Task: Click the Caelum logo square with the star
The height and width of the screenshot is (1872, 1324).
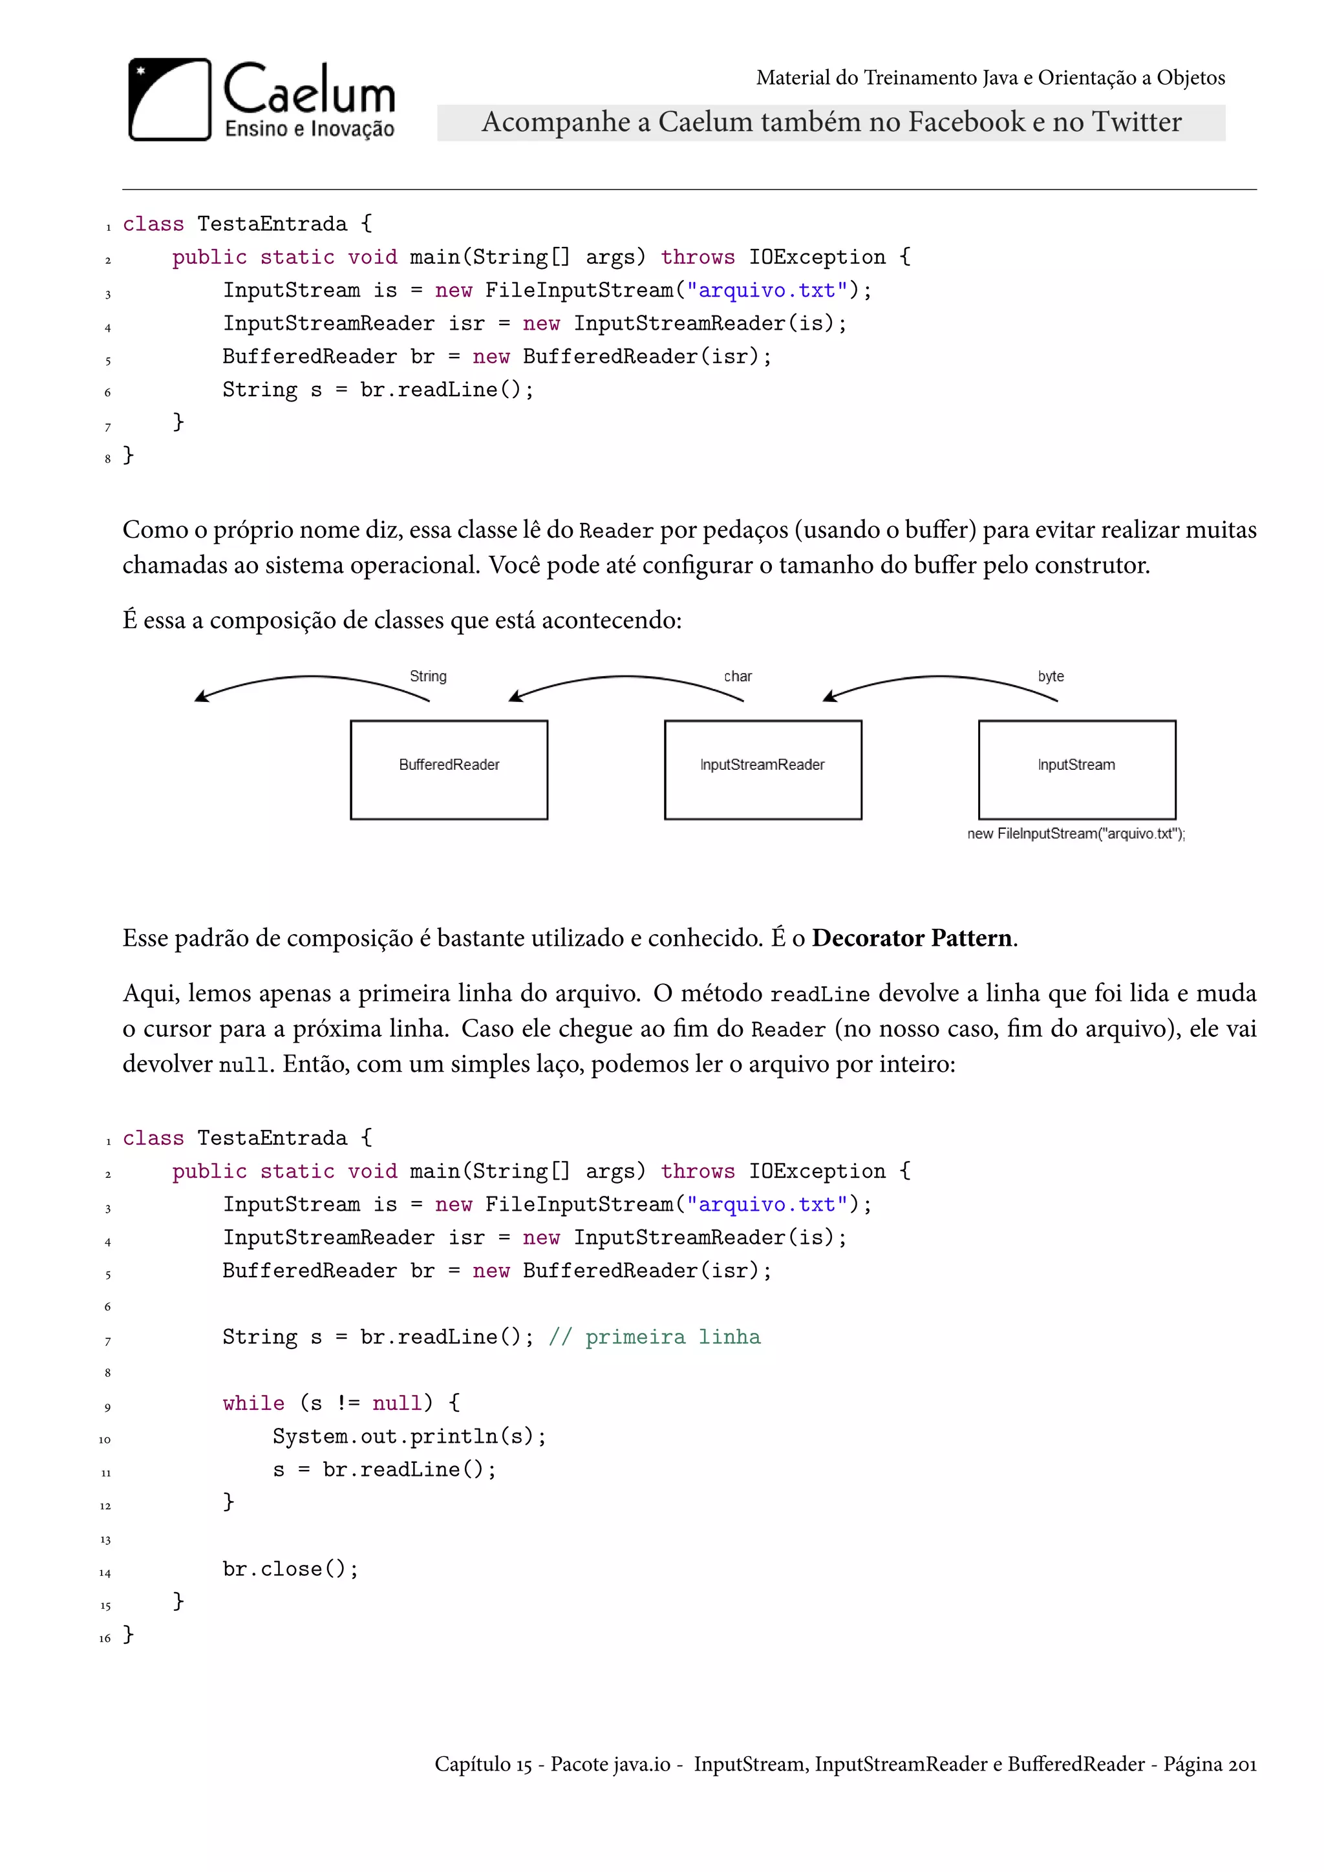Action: point(169,100)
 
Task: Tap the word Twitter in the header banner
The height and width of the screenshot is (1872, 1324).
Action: point(1137,122)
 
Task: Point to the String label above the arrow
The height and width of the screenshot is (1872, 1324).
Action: point(428,676)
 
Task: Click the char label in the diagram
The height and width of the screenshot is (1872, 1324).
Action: point(738,676)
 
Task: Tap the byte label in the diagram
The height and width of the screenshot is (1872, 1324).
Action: point(1051,676)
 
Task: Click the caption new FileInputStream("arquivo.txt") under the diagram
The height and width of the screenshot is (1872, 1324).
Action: point(1076,833)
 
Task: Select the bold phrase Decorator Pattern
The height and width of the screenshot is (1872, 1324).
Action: point(912,938)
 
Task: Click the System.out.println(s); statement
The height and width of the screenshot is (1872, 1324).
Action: point(409,1436)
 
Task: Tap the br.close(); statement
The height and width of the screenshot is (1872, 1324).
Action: point(290,1569)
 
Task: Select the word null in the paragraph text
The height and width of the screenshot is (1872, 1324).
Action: point(244,1065)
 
